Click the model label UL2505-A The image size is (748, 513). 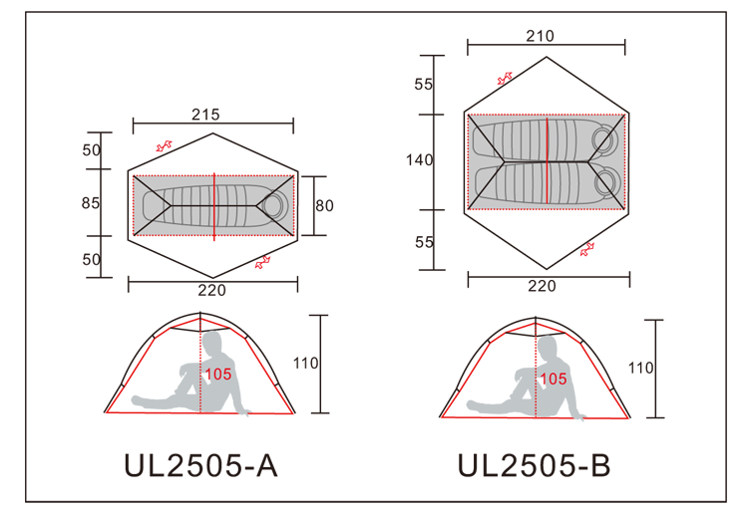(x=200, y=465)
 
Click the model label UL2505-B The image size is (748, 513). (x=534, y=465)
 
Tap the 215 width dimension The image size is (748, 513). (x=205, y=115)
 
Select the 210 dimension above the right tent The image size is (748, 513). (x=540, y=36)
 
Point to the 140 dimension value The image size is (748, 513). (x=419, y=160)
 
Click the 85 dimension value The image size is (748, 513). (x=91, y=203)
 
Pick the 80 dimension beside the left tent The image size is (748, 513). (x=324, y=206)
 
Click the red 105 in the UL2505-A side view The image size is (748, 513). (x=218, y=375)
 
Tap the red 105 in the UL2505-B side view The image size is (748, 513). (x=553, y=380)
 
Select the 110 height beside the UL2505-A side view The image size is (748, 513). (x=305, y=364)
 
